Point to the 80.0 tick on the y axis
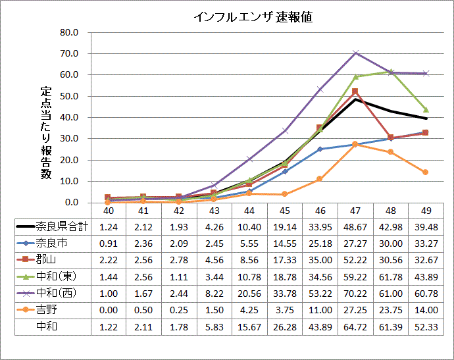69,32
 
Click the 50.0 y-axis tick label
69,96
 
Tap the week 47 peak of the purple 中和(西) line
355,53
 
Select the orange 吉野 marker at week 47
355,144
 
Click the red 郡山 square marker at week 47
355,91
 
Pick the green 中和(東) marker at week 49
426,109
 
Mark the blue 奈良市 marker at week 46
320,149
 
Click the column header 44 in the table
249,210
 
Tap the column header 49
426,210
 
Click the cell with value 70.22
355,292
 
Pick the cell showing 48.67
355,226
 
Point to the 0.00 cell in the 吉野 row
109,309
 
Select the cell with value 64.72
355,325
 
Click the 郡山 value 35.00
320,259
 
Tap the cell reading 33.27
426,243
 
